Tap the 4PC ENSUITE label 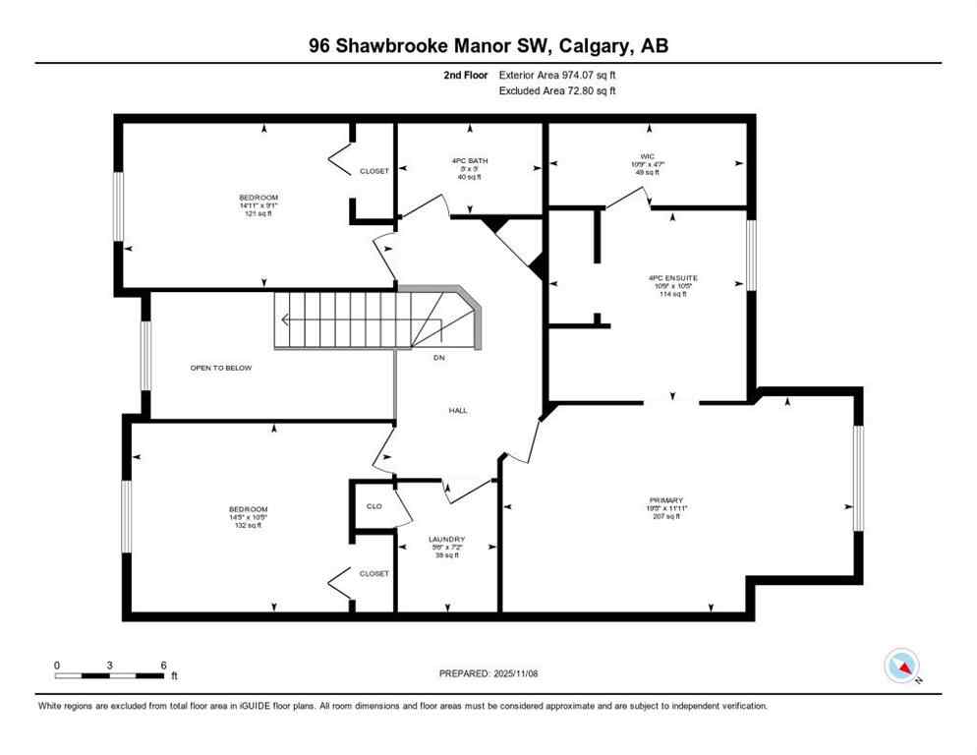[x=672, y=278]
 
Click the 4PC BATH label [x=470, y=161]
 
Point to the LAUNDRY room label [x=445, y=539]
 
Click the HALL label [x=458, y=410]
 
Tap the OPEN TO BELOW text [x=221, y=368]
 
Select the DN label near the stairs [x=438, y=357]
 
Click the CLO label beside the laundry [x=374, y=506]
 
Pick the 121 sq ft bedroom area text [x=258, y=213]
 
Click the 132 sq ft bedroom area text [x=249, y=525]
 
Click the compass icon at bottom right [x=901, y=666]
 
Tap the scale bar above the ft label [x=109, y=675]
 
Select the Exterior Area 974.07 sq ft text [x=558, y=75]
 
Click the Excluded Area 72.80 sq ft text [x=558, y=91]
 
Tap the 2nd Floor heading [x=465, y=75]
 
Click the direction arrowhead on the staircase [x=284, y=319]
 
